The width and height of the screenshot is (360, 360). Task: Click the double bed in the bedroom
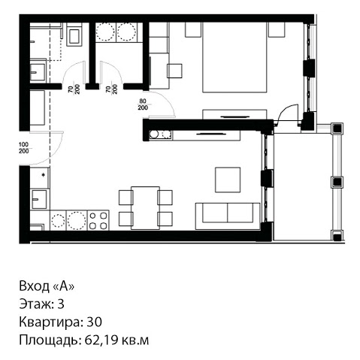point(234,57)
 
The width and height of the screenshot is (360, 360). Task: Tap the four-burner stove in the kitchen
point(98,220)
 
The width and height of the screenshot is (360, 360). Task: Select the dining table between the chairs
point(145,207)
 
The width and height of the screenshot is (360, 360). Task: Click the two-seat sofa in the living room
point(228,216)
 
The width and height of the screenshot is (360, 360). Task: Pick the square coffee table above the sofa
point(228,180)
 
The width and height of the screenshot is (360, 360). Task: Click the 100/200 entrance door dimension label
point(24,148)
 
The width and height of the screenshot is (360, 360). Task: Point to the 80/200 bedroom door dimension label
point(143,104)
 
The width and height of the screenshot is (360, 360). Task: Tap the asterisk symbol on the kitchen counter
point(43,175)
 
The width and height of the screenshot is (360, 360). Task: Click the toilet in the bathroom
point(74,35)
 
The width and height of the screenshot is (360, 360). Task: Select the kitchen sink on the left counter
point(39,199)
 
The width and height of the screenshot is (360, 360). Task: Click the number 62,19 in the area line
point(101,340)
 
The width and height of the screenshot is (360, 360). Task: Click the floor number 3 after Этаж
point(61,304)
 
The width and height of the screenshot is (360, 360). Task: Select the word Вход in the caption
point(35,286)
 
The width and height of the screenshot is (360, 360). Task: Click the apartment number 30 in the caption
point(94,322)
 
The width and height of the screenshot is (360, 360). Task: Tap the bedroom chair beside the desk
point(174,71)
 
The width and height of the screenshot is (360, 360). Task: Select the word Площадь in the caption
point(50,340)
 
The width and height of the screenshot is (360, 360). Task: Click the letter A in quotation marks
point(64,286)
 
